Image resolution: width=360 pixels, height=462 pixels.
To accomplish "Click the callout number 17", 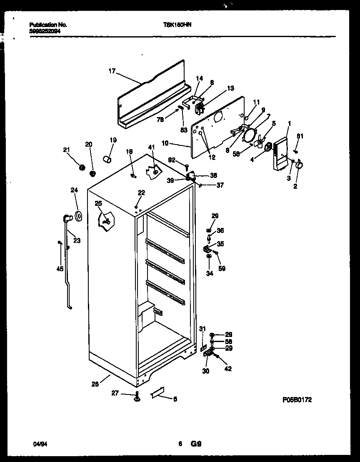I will click(x=112, y=71).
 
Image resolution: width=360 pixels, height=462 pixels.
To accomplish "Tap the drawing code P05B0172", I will click(x=297, y=400).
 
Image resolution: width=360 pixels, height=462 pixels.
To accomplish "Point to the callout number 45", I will click(x=60, y=269).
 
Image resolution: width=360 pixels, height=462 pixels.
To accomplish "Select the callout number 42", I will click(x=228, y=368).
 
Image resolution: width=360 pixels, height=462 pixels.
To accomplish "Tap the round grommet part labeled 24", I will click(x=77, y=216).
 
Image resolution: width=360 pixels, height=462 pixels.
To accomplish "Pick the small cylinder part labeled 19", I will click(x=107, y=160).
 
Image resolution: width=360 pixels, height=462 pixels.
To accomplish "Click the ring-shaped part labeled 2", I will click(x=298, y=166).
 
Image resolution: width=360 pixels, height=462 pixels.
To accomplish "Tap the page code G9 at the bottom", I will click(x=196, y=444).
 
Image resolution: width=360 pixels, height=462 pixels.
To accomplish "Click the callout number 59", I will click(x=222, y=269).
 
